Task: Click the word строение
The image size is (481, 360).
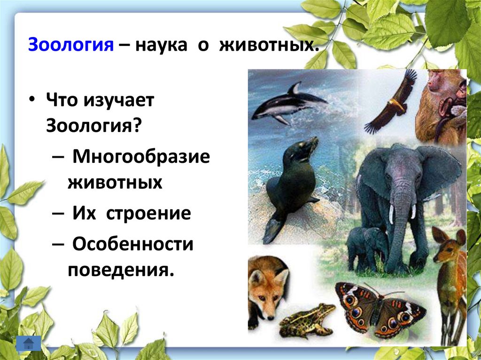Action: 148,214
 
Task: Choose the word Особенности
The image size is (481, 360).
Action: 133,245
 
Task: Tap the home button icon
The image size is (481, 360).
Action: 28,343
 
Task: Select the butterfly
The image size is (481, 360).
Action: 378,310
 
